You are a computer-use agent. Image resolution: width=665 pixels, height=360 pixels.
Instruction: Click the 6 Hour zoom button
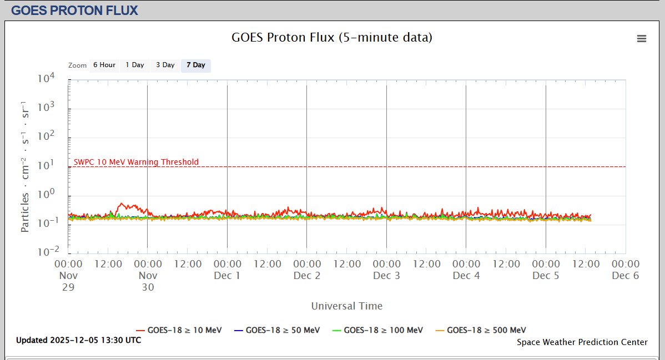tap(104, 65)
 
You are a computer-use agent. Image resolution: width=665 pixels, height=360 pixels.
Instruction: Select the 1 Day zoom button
tap(134, 65)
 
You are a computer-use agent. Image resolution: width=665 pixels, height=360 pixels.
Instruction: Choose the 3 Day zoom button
tap(165, 65)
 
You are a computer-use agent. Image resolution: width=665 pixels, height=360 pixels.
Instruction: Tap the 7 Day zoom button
tap(195, 65)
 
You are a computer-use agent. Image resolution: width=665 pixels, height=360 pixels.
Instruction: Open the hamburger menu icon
tap(642, 38)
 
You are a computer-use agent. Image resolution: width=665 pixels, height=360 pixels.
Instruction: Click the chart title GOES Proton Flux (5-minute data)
tap(332, 38)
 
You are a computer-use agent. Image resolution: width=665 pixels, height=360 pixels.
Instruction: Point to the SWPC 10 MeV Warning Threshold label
tap(136, 162)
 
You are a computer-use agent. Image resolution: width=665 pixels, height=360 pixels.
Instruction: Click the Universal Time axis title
tap(347, 306)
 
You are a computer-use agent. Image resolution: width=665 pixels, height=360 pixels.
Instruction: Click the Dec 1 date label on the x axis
tap(227, 276)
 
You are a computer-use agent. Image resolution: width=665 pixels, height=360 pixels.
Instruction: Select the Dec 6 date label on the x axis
tap(626, 276)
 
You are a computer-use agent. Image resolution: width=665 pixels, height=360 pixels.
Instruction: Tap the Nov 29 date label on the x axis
tap(68, 281)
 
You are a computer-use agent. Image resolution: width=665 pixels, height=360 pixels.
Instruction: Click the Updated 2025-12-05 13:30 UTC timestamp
tap(78, 340)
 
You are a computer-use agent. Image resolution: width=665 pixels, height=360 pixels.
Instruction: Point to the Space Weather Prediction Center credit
tap(582, 342)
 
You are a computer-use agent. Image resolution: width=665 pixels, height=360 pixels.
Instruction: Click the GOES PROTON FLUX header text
tap(74, 10)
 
